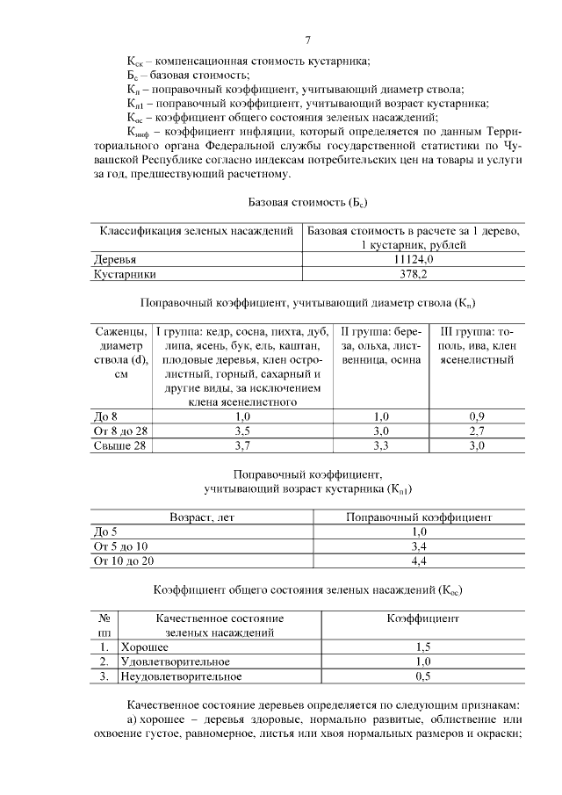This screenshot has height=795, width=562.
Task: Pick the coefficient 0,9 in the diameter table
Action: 476,416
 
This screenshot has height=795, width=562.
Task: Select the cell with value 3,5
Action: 243,430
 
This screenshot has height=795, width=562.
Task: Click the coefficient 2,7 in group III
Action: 476,430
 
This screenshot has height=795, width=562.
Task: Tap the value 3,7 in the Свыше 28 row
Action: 243,445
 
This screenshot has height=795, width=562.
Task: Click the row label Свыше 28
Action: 119,445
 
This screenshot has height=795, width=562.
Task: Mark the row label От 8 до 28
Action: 122,430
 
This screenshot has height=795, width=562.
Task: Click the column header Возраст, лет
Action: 203,517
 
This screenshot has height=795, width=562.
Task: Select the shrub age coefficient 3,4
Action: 419,546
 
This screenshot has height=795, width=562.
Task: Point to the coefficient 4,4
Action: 419,560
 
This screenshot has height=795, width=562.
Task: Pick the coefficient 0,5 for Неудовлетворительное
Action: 422,676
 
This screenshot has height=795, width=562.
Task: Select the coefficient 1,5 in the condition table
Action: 422,647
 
